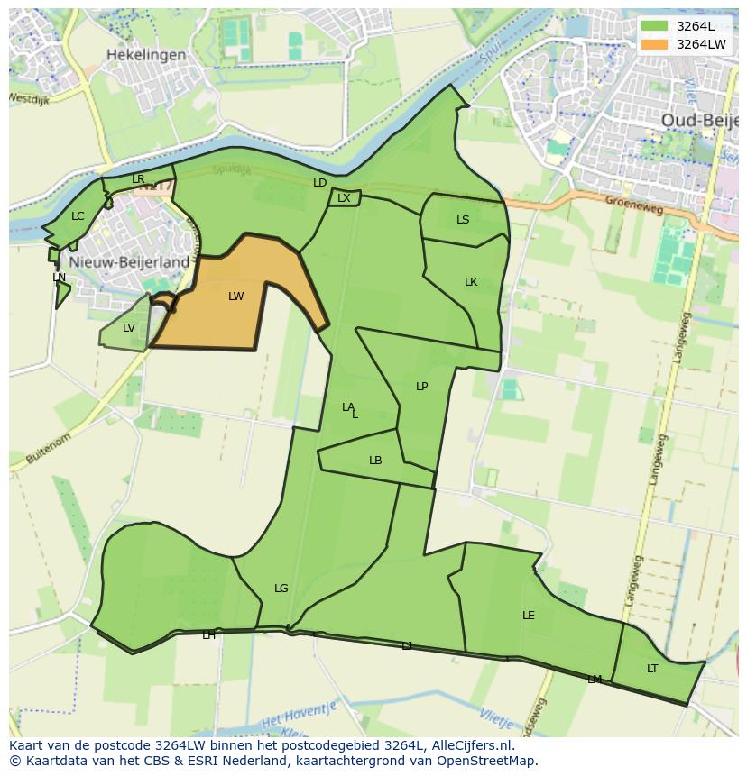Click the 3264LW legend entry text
[x=701, y=44]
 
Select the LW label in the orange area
[x=235, y=297]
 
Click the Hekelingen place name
[x=146, y=55]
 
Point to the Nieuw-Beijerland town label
[x=122, y=262]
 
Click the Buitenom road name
[x=49, y=445]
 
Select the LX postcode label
[x=344, y=198]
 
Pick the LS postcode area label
[x=463, y=220]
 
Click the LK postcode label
[x=471, y=282]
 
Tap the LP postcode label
[x=421, y=387]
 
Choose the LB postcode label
[x=375, y=461]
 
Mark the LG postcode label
[x=281, y=589]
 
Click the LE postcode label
[x=529, y=616]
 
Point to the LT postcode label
[x=652, y=669]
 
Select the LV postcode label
[x=128, y=328]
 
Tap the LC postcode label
[x=78, y=216]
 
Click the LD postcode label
[x=319, y=183]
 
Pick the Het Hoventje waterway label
[x=299, y=717]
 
